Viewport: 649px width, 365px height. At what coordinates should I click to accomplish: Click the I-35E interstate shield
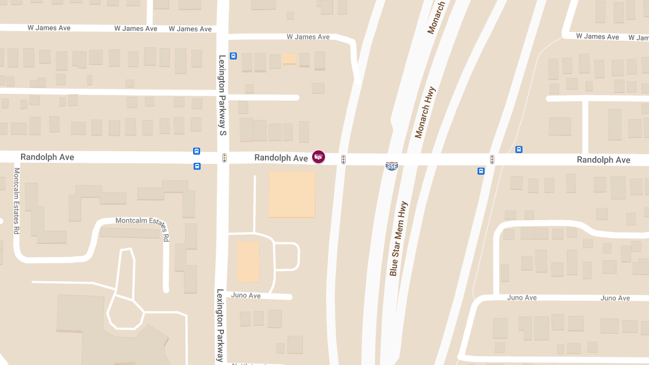point(392,166)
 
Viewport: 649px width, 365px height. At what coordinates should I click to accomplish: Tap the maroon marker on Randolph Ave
point(319,157)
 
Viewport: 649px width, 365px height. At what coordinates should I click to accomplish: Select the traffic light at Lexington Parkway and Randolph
point(224,158)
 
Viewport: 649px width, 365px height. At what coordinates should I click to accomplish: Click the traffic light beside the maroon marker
point(343,160)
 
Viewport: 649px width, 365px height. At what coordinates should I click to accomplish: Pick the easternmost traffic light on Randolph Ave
point(492,160)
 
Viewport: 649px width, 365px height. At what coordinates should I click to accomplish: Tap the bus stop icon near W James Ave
point(233,56)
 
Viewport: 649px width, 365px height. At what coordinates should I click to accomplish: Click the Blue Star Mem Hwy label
point(399,238)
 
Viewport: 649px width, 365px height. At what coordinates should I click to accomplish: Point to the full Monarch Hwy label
point(425,112)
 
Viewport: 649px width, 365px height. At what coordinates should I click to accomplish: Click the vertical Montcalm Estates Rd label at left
point(17,201)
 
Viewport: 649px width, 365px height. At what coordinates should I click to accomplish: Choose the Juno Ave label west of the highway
point(246,295)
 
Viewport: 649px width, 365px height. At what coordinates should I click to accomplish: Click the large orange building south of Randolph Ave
point(292,194)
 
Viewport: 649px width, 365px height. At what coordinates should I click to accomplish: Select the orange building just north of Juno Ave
point(248,262)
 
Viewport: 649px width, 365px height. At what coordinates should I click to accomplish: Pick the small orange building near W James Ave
point(290,58)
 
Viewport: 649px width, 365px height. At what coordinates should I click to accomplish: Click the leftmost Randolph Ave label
point(47,157)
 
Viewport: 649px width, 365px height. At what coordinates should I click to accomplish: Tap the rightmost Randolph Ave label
point(603,160)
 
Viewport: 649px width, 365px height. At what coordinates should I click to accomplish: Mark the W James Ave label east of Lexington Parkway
point(308,37)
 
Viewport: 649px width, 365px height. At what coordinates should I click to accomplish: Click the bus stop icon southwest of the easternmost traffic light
point(481,171)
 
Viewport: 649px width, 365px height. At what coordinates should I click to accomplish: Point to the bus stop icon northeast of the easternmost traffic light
point(519,149)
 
